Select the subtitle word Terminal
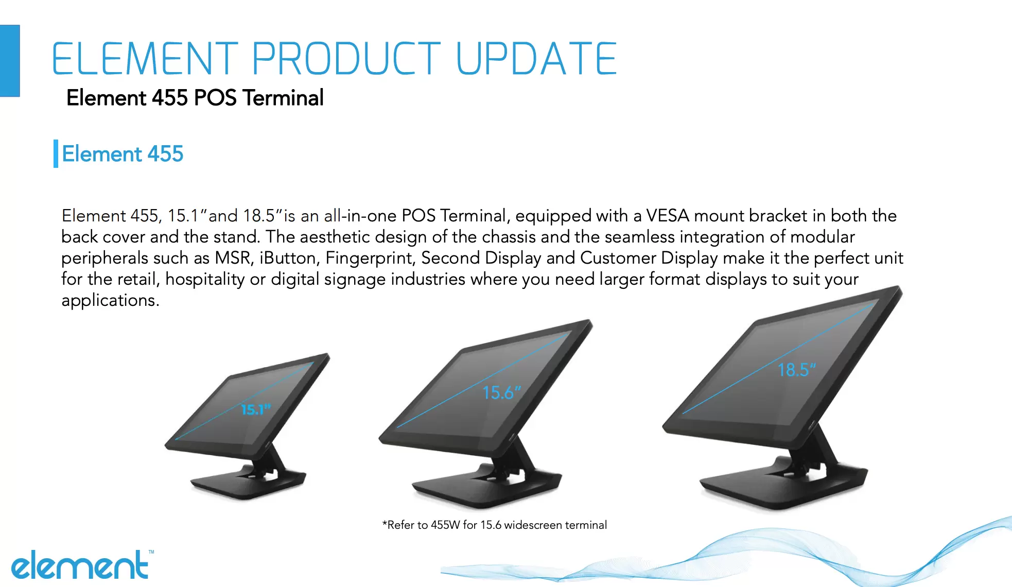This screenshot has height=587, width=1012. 283,98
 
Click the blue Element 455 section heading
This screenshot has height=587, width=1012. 123,153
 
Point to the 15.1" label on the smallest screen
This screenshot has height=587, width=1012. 256,409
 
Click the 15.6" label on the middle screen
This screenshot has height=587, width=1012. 502,393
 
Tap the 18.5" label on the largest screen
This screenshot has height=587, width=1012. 797,370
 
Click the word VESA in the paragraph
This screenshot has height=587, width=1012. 668,215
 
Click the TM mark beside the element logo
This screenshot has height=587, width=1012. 151,552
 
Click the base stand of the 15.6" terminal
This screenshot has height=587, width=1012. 486,487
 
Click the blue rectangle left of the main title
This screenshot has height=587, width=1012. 10,61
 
